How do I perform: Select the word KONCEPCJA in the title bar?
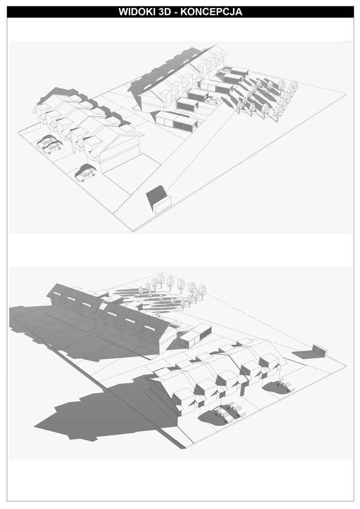tap(212, 12)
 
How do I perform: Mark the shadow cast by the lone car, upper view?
tap(84, 170)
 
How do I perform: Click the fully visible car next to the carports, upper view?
tap(212, 100)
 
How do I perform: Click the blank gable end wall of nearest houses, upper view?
tap(122, 153)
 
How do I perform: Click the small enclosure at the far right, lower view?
tap(320, 350)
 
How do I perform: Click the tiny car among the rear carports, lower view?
tap(157, 314)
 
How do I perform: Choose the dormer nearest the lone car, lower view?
tap(269, 362)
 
